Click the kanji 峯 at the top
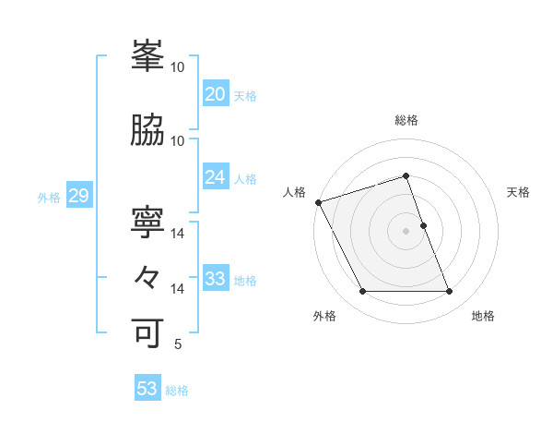(x=148, y=57)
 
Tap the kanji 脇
(x=148, y=131)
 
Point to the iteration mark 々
(x=148, y=278)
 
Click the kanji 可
(x=148, y=333)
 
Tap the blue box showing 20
(x=215, y=93)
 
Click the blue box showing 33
(x=215, y=278)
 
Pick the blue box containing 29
(x=78, y=195)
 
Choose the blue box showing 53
(x=147, y=389)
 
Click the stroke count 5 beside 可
(x=177, y=344)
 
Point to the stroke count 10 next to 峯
(x=178, y=67)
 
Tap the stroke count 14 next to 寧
(x=178, y=234)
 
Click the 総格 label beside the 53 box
(x=177, y=391)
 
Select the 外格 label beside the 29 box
(x=48, y=197)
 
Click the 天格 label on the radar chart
(x=518, y=192)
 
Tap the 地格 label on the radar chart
(x=483, y=316)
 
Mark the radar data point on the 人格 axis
(x=318, y=202)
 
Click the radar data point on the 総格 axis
(x=406, y=175)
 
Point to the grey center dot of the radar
(x=406, y=231)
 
